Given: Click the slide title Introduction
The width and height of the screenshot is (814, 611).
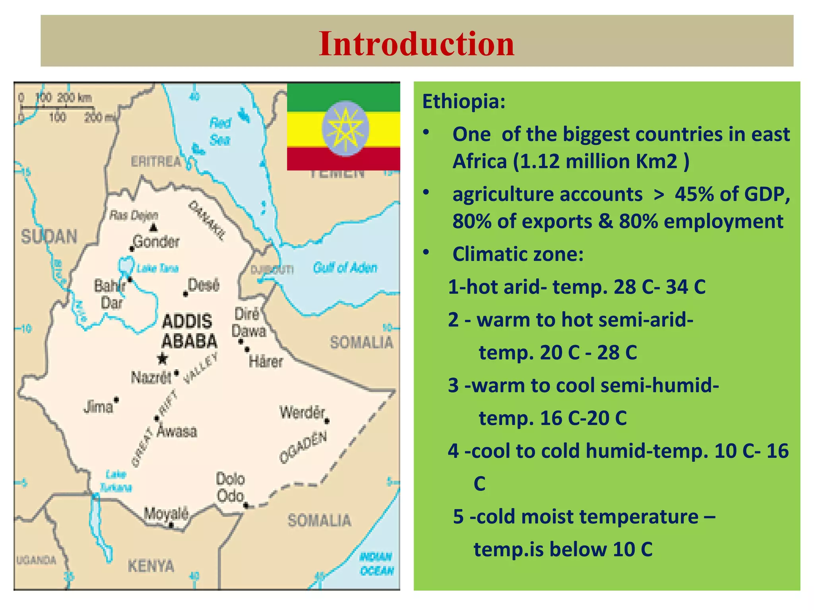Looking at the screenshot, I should click(416, 43).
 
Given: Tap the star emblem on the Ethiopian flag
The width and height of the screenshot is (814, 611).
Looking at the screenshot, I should click(345, 128).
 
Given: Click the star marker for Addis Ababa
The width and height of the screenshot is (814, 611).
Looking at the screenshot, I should click(162, 358).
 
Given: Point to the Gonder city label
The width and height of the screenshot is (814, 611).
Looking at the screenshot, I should click(156, 241).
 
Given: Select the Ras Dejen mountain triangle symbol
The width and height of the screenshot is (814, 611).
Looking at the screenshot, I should click(154, 228).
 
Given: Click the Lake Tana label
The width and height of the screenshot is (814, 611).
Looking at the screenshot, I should click(157, 269).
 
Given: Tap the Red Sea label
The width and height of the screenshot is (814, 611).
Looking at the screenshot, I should click(220, 131).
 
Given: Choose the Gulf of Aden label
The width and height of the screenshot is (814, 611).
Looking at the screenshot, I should click(345, 268).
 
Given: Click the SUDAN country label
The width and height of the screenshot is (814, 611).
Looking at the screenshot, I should click(49, 237).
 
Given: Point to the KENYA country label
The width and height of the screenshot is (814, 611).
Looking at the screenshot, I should click(151, 565).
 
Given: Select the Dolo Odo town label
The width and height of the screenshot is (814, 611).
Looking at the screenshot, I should click(230, 487).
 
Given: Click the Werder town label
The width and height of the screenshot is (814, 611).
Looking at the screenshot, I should click(302, 412).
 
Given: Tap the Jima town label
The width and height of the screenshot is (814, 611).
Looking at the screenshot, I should click(98, 407).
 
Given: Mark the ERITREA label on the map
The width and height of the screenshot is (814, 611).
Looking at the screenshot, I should click(156, 162).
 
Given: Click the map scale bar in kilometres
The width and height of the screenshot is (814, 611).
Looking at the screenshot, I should click(57, 107).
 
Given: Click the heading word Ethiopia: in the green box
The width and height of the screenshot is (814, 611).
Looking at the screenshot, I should click(463, 101).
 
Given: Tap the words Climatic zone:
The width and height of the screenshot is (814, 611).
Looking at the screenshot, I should click(517, 254).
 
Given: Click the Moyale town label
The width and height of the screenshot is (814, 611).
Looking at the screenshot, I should click(166, 514).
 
